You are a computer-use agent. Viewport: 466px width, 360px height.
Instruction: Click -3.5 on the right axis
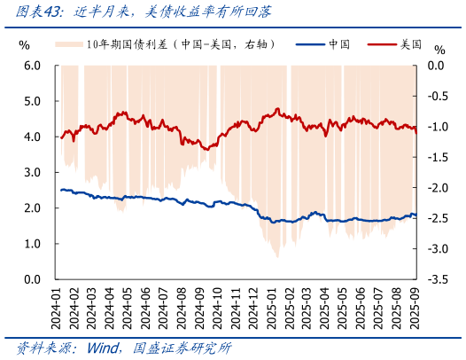click(436, 279)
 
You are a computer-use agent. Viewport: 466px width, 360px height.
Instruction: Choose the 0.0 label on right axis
click(436, 66)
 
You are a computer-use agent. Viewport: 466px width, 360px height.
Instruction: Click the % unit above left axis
click(24, 45)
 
